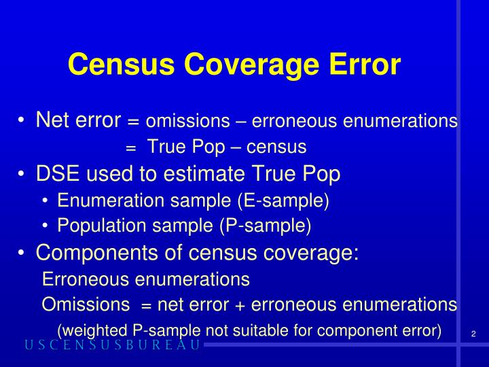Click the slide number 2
click(x=472, y=333)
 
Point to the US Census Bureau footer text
click(x=113, y=345)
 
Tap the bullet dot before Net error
click(x=24, y=121)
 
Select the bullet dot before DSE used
click(x=24, y=175)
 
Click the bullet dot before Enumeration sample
click(x=45, y=200)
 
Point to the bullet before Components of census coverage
click(x=24, y=254)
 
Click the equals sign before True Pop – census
click(x=131, y=147)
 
